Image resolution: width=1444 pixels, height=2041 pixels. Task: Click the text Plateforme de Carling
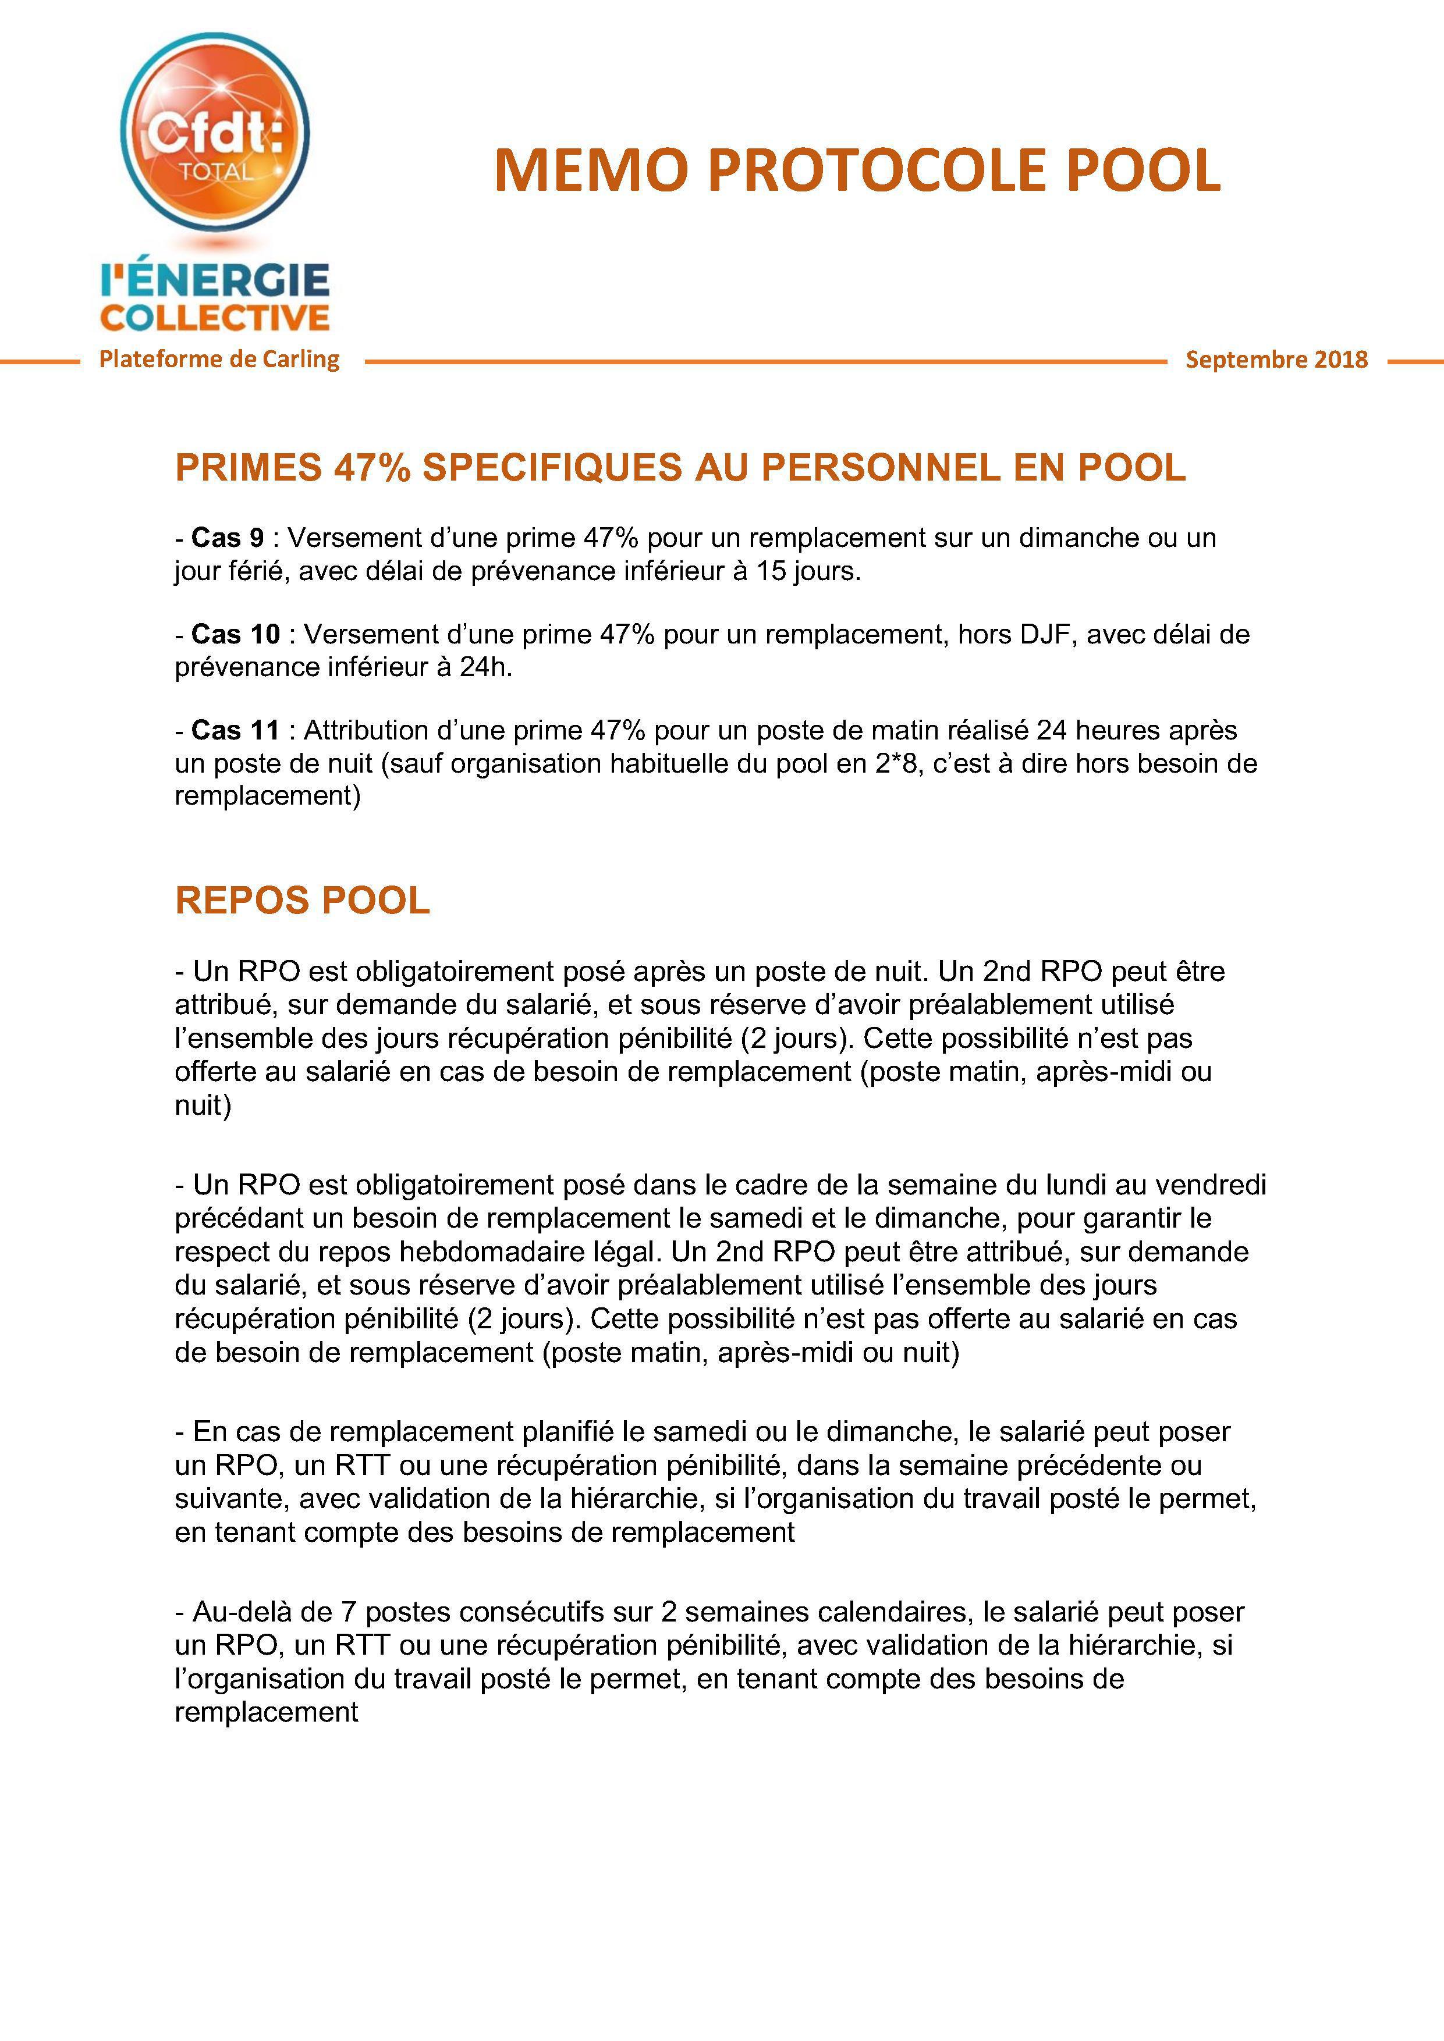[x=219, y=359]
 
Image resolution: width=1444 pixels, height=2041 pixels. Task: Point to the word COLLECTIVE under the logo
[x=215, y=317]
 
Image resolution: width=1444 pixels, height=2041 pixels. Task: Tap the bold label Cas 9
[x=228, y=538]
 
